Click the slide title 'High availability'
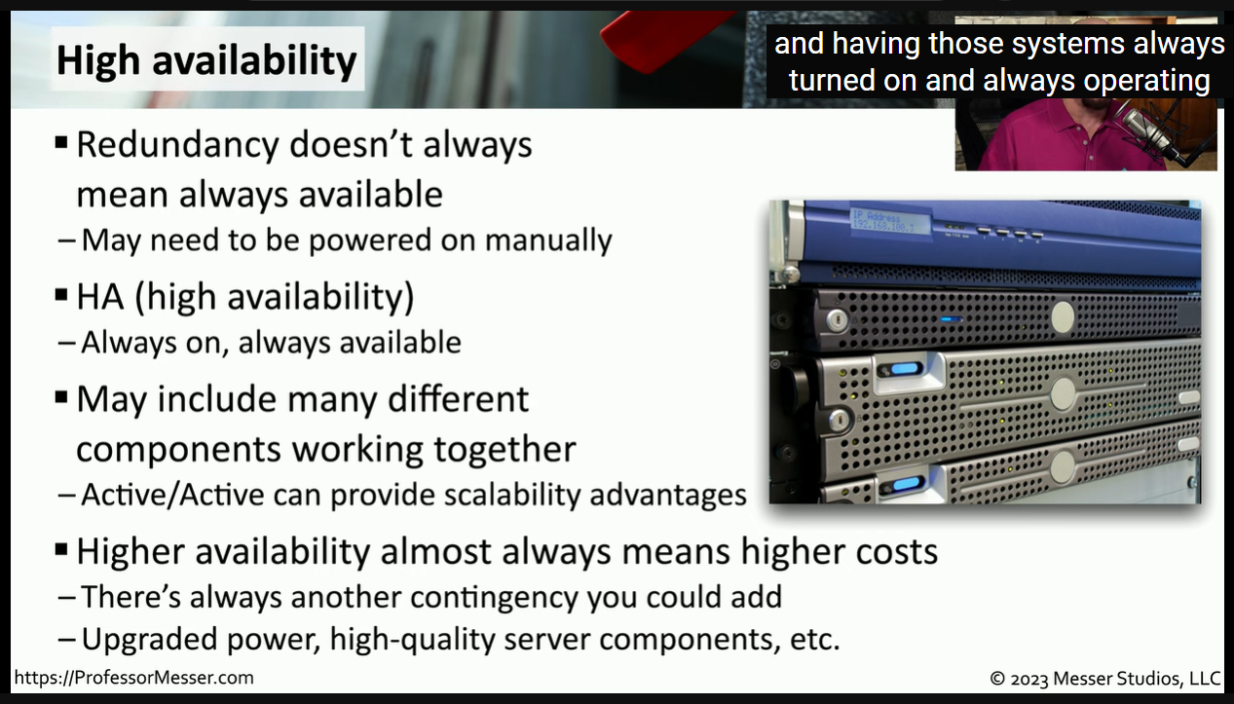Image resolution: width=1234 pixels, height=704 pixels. click(x=206, y=59)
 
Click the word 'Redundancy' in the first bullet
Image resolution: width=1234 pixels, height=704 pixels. click(x=177, y=144)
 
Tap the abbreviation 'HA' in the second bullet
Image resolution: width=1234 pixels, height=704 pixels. click(x=99, y=297)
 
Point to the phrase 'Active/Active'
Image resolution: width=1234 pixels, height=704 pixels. click(x=172, y=494)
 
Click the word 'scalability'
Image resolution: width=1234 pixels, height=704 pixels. click(x=512, y=495)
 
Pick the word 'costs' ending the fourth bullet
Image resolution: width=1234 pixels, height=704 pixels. click(x=896, y=551)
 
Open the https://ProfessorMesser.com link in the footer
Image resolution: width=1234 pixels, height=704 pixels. click(x=133, y=678)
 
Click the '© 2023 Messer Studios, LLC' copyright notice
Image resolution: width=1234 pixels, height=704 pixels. click(x=1105, y=678)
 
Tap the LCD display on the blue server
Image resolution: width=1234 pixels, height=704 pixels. click(x=888, y=221)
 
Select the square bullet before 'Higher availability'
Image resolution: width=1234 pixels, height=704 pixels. click(x=61, y=549)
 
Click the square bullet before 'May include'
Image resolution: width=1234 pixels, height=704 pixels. click(x=61, y=397)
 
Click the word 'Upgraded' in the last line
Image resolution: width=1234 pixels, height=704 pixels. click(x=149, y=640)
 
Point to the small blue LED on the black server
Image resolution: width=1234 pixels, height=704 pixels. click(x=951, y=319)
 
